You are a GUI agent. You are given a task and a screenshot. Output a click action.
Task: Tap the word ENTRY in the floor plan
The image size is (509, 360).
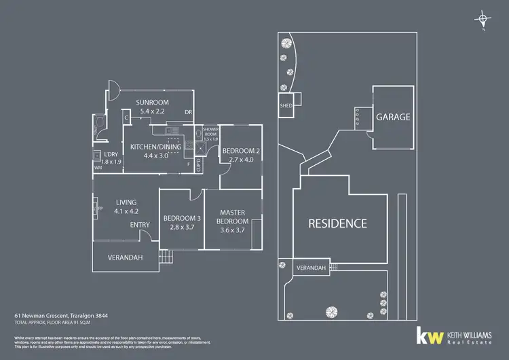[140, 225]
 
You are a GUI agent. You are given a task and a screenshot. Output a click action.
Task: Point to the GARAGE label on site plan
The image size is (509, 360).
[394, 117]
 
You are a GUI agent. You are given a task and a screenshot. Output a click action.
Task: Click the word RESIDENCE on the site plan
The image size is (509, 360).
[338, 223]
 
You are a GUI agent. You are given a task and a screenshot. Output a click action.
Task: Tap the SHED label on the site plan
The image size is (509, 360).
[286, 106]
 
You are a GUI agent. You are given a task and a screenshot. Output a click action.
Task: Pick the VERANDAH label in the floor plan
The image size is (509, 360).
[127, 258]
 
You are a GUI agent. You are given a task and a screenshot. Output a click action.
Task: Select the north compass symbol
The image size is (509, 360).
[483, 19]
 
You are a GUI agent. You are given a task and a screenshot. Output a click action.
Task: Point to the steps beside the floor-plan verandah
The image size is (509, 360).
[166, 257]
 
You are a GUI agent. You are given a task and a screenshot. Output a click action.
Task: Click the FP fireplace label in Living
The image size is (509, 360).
[100, 209]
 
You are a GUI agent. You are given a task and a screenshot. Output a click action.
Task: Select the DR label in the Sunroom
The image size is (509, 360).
[189, 113]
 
